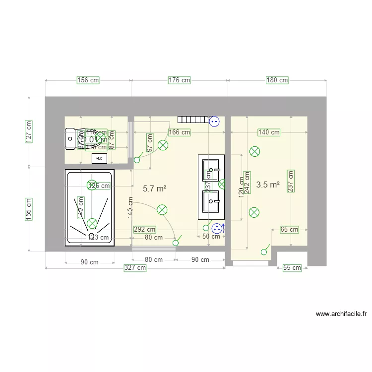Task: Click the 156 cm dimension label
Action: coord(88,80)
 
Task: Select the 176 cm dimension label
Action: coord(179,80)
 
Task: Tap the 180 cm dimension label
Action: coord(277,80)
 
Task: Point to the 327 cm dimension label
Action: coord(135,268)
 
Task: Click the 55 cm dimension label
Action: coord(292,268)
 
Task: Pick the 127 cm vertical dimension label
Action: coord(29,132)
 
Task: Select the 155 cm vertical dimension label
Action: coord(29,209)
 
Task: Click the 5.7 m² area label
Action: coord(154,188)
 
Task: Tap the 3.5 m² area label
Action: coord(268,185)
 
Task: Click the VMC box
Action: coord(99,158)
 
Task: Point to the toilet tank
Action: coord(69,139)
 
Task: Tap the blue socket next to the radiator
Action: coord(214,121)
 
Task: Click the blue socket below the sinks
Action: coord(217,229)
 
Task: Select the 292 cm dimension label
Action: coord(145,229)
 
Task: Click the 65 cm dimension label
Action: coord(289,229)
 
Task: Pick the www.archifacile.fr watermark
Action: coord(341,314)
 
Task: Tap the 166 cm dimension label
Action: coord(179,132)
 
